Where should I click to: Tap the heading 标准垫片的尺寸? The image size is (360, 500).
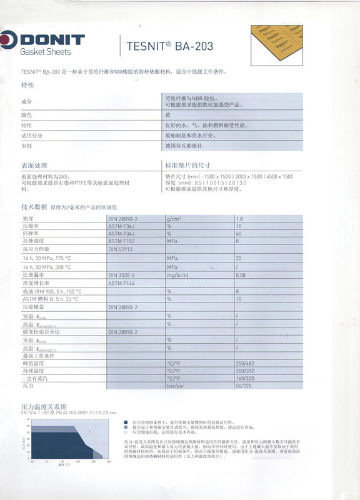[186, 166]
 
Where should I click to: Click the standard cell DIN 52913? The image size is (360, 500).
[121, 249]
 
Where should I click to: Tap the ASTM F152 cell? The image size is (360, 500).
[121, 241]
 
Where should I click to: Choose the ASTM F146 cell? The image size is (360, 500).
[121, 283]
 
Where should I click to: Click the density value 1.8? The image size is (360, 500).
[239, 217]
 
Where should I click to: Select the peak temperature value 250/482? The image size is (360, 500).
[244, 363]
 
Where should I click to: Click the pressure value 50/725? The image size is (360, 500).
[242, 387]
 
